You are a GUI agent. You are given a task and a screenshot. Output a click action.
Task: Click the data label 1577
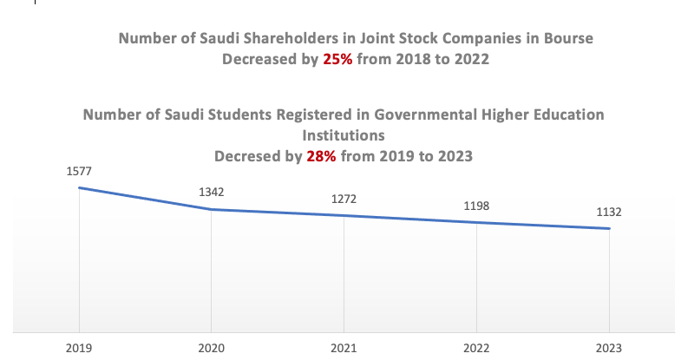pos(79,171)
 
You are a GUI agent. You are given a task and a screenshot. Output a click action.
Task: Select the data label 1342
pos(212,192)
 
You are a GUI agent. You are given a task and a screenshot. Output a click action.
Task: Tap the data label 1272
pos(344,199)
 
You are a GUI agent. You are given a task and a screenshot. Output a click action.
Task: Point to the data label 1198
pos(477,206)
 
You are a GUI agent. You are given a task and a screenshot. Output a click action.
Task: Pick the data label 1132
pos(610,212)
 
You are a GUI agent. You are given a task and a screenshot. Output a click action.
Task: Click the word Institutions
pos(343,135)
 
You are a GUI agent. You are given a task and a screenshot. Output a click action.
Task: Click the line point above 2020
pos(212,209)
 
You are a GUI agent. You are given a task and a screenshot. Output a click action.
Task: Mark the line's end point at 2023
pos(610,229)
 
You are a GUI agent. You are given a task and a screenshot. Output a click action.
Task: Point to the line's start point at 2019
pos(79,187)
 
